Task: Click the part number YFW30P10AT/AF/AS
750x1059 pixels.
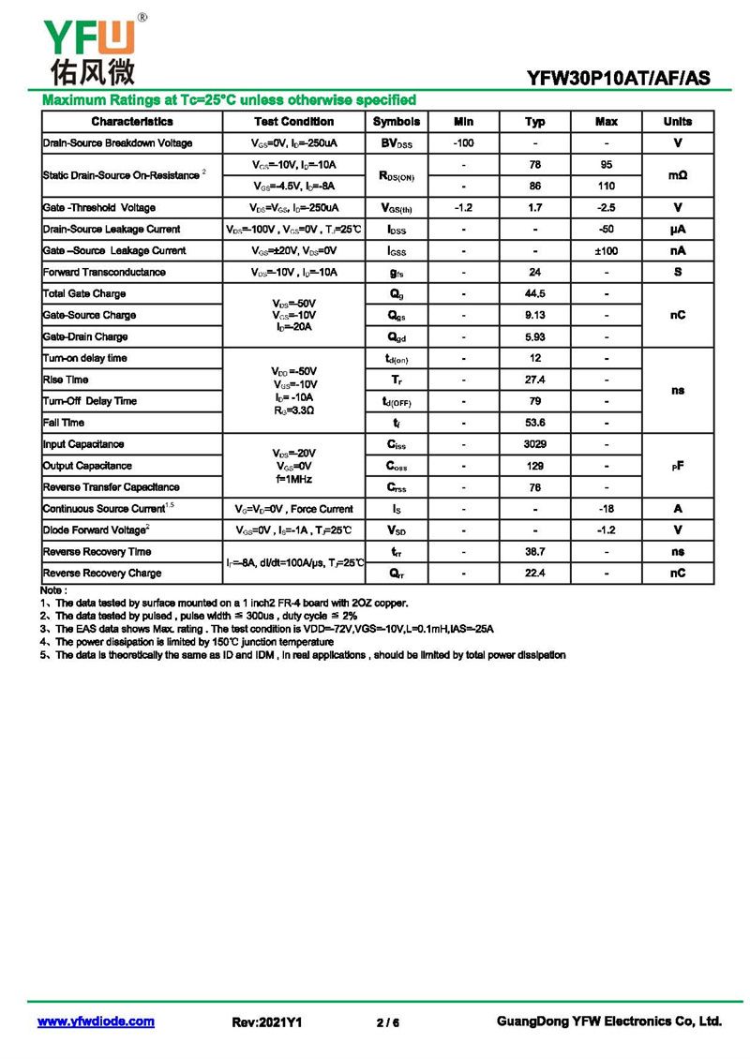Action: (x=619, y=80)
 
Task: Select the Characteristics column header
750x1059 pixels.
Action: (x=132, y=122)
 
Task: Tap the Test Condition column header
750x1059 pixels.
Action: (x=293, y=122)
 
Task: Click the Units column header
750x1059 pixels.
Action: (x=677, y=122)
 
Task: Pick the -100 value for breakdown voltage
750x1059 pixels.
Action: (x=463, y=143)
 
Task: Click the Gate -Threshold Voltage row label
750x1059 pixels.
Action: (x=99, y=208)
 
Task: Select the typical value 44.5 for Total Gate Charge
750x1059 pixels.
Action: (x=534, y=294)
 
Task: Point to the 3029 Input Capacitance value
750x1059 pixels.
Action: (x=534, y=444)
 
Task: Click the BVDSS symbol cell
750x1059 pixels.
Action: (x=396, y=143)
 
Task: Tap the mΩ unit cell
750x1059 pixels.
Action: (x=677, y=175)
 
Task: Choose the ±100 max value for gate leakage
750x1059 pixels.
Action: (x=607, y=251)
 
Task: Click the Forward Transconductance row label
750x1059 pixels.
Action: (x=104, y=273)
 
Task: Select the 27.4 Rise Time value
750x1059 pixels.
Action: (x=534, y=380)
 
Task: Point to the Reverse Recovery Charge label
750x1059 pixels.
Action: (x=102, y=574)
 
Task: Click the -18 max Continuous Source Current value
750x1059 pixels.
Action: (x=607, y=509)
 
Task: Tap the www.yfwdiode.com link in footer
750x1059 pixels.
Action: (x=96, y=1022)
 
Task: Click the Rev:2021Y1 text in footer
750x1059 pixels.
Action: (x=267, y=1022)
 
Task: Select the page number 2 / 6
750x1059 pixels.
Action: (x=388, y=1022)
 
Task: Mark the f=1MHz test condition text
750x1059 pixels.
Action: (x=293, y=479)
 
